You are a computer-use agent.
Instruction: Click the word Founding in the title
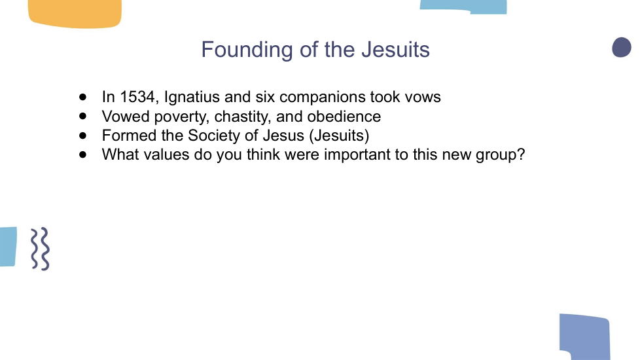tap(247, 50)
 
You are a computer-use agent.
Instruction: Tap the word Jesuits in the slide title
tap(395, 49)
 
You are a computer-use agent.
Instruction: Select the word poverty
tap(182, 117)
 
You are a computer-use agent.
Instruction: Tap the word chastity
tap(243, 117)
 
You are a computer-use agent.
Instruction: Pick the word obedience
tap(344, 117)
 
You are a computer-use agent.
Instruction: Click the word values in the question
tap(166, 154)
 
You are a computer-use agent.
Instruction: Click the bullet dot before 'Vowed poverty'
tap(83, 117)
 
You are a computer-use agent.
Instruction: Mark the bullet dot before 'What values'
tap(83, 154)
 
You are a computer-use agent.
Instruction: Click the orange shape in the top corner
tap(75, 14)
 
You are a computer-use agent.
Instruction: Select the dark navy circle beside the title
tap(622, 47)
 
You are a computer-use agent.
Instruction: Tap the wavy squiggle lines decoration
tap(40, 249)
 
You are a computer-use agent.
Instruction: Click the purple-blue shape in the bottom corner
tap(585, 336)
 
